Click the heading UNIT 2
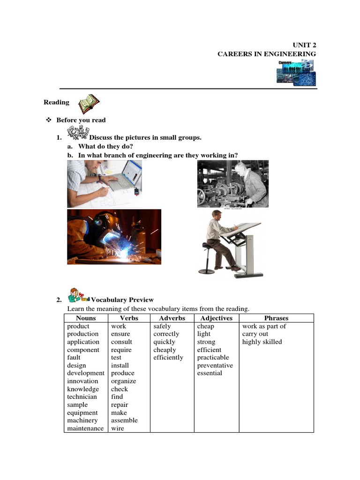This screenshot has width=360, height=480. [305, 45]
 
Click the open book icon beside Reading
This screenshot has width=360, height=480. [88, 104]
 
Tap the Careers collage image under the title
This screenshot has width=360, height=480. [295, 72]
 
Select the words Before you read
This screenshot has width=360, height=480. [81, 120]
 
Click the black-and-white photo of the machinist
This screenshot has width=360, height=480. [232, 184]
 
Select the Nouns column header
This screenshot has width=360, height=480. [86, 318]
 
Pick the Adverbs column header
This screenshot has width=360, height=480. [172, 318]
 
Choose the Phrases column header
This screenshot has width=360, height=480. [276, 318]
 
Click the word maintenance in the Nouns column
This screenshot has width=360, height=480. [85, 428]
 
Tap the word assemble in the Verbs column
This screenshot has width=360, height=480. [124, 420]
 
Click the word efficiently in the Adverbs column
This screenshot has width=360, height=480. [168, 358]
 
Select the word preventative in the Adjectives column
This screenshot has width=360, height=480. [215, 366]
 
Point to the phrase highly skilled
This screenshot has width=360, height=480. [262, 342]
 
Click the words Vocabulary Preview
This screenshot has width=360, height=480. [122, 300]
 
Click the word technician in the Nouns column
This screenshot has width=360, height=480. [82, 397]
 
